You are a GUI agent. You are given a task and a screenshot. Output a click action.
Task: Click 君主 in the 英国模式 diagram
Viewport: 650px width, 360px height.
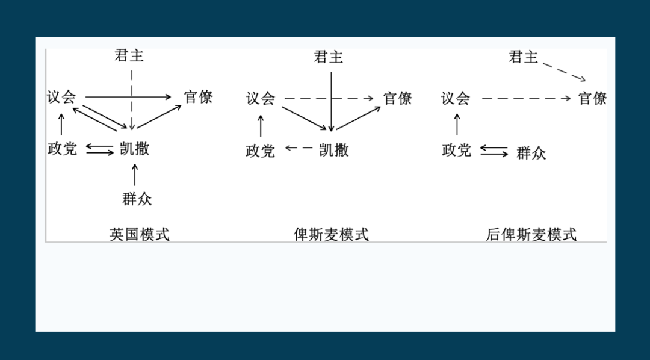pos(129,56)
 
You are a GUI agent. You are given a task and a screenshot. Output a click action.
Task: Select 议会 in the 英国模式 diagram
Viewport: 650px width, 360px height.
pos(62,97)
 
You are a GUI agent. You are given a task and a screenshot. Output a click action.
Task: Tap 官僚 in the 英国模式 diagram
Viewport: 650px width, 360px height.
pos(199,97)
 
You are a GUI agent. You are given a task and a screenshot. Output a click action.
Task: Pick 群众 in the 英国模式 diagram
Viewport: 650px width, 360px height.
pos(137,199)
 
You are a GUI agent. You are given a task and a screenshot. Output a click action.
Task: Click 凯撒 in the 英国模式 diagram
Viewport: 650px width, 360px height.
pos(134,148)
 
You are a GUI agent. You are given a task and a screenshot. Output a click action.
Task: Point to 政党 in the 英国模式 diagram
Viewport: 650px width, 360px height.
pos(63,148)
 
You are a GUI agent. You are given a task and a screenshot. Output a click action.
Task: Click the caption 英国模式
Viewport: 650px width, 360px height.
pos(140,234)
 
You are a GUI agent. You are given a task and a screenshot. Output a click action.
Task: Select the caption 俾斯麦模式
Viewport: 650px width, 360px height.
pos(331,234)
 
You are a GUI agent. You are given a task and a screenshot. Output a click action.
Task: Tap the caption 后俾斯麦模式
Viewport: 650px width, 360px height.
pos(531,234)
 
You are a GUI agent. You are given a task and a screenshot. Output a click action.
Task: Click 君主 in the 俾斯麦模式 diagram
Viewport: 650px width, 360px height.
pos(329,57)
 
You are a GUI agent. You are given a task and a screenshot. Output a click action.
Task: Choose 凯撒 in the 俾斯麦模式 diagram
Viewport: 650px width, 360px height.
pos(334,149)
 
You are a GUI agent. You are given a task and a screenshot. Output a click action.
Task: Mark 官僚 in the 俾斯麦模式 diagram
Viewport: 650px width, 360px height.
pos(398,98)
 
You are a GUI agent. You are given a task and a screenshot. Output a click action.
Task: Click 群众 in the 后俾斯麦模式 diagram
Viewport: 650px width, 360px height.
pos(531,152)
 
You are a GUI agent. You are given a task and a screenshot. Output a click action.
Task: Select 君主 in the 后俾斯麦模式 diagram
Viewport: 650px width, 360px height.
pos(523,57)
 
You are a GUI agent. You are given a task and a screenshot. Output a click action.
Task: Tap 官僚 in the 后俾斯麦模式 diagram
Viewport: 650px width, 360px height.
pos(593,98)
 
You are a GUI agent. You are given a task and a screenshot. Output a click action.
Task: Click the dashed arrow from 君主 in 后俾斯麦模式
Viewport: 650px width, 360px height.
pos(564,71)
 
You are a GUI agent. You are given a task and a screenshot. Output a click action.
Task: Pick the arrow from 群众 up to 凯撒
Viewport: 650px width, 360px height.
pos(135,175)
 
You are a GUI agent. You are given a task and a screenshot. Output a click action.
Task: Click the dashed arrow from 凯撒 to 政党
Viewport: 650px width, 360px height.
pos(299,148)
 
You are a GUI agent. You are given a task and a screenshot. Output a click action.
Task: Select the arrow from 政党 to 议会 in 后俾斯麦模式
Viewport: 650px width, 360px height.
pos(457,124)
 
